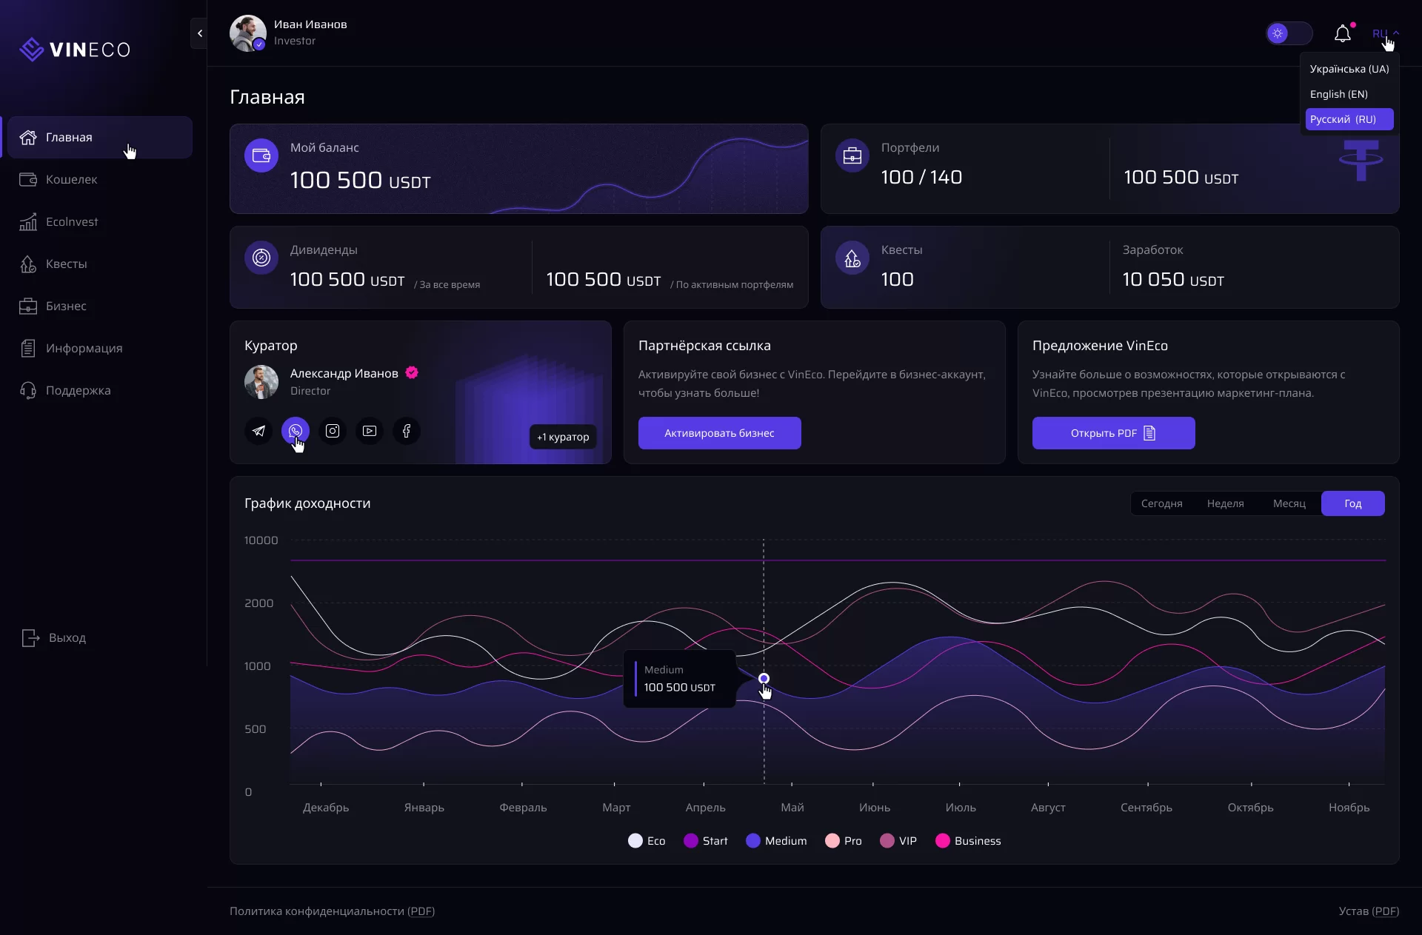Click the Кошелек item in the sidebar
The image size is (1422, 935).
pyautogui.click(x=71, y=179)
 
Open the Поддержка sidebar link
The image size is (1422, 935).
pyautogui.click(x=78, y=390)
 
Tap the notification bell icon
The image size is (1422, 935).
pyautogui.click(x=1342, y=34)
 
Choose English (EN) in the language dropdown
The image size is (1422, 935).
pyautogui.click(x=1338, y=94)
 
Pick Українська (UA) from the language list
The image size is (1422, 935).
pyautogui.click(x=1349, y=69)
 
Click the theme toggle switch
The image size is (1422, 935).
pyautogui.click(x=1289, y=33)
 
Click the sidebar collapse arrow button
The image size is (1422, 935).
pyautogui.click(x=199, y=33)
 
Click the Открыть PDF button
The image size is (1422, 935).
pyautogui.click(x=1113, y=433)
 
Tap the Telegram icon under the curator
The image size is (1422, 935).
pyautogui.click(x=258, y=431)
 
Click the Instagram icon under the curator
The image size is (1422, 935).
pyautogui.click(x=333, y=431)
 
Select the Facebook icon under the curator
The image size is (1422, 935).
pyautogui.click(x=407, y=431)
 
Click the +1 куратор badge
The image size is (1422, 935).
pyautogui.click(x=563, y=437)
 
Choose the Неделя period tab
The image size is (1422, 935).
pyautogui.click(x=1225, y=503)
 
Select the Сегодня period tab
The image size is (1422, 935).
pyautogui.click(x=1161, y=503)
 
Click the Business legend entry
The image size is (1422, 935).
pyautogui.click(x=969, y=841)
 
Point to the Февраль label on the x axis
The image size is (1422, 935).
pyautogui.click(x=523, y=808)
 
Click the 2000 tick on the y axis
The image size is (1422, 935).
pyautogui.click(x=259, y=603)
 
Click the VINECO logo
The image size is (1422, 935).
pyautogui.click(x=75, y=50)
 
